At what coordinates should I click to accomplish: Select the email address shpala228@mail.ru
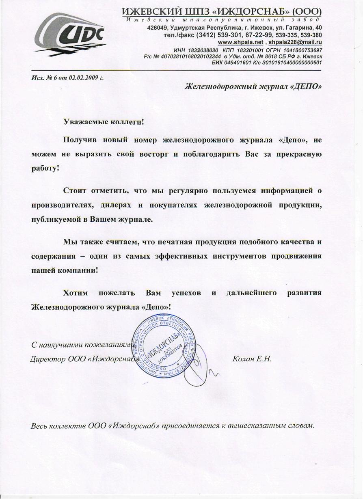[x=295, y=42]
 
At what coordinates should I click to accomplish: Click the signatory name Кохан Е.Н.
[x=251, y=359]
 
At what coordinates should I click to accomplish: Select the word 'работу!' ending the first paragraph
[x=45, y=168]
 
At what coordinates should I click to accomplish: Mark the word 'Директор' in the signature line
[x=45, y=359]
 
